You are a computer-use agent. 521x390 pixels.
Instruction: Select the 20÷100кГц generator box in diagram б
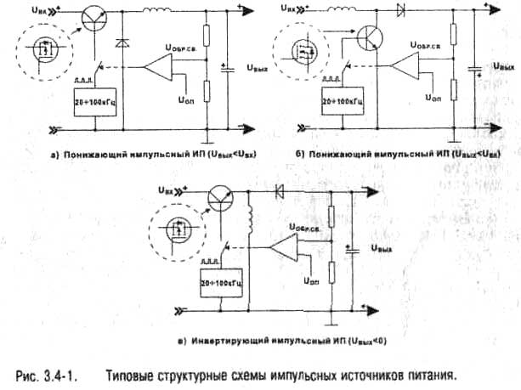click(343, 101)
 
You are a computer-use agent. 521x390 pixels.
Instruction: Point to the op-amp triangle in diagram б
click(410, 65)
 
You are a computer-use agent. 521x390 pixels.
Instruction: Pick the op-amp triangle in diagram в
click(281, 249)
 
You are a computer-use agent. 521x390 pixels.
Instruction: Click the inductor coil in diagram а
click(156, 12)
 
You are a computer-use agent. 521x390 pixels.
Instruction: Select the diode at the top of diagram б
click(400, 11)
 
